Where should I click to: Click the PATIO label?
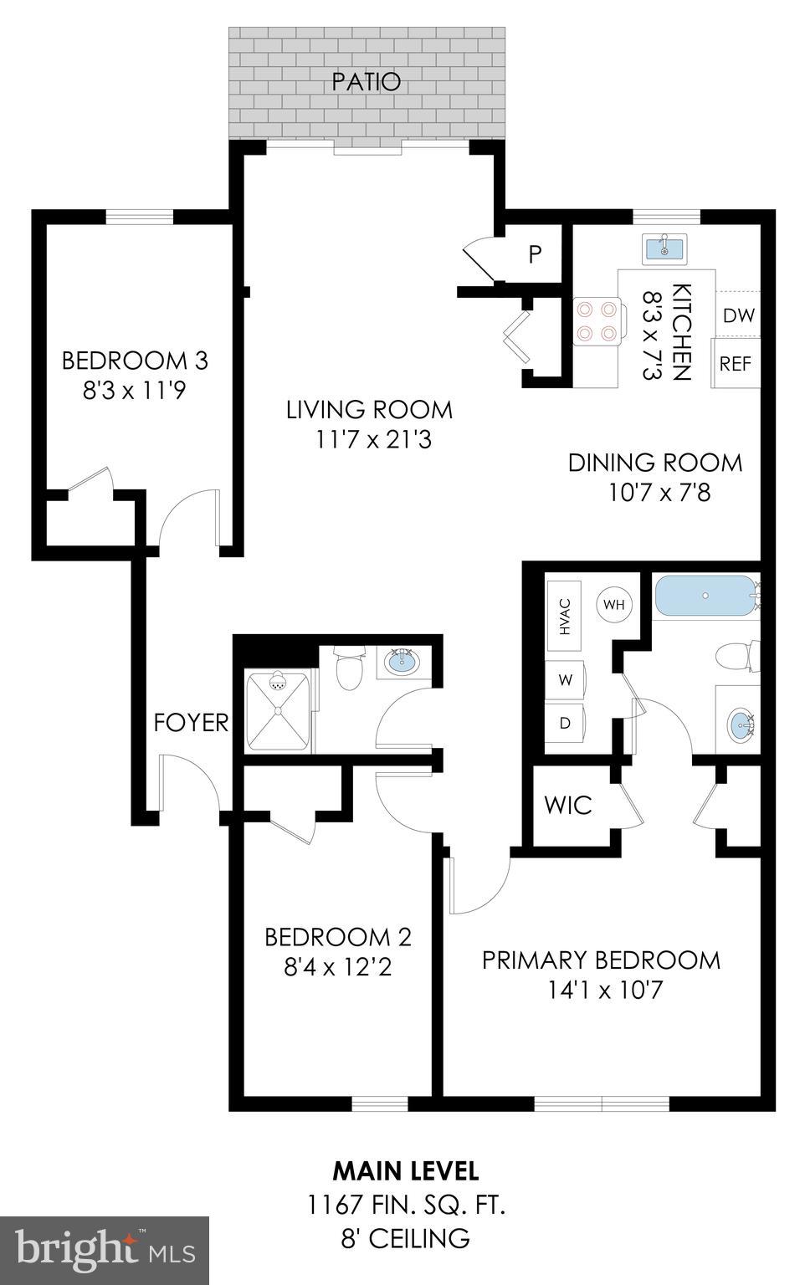(x=366, y=82)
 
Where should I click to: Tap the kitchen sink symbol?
(x=664, y=248)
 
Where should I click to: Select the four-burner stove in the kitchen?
(x=596, y=321)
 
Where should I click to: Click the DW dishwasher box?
(x=738, y=315)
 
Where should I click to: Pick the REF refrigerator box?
(x=736, y=364)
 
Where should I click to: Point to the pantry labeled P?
(x=535, y=254)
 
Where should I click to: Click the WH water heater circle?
(x=614, y=604)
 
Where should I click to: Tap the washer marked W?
(x=566, y=680)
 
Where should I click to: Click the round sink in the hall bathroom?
(x=402, y=663)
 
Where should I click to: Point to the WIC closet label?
(x=567, y=805)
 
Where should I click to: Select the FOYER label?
(x=191, y=723)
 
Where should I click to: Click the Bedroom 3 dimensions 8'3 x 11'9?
(x=134, y=391)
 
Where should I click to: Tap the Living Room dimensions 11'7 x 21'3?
(x=369, y=439)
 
